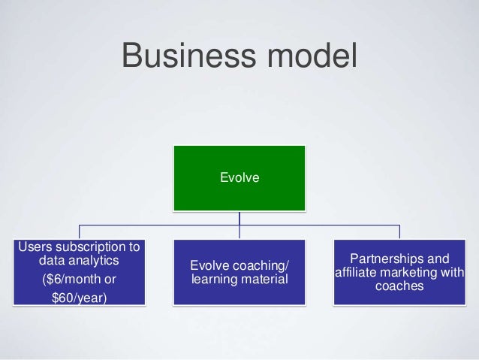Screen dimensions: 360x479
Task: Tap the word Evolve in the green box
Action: coord(239,177)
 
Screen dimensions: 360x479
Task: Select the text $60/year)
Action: coord(79,298)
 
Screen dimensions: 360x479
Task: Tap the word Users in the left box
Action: coord(35,246)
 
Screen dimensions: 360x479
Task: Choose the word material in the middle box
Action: coord(264,280)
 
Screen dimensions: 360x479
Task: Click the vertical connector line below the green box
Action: coord(239,218)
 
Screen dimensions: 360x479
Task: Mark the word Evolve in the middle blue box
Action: coord(209,265)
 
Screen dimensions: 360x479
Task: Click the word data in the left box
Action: coord(50,261)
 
